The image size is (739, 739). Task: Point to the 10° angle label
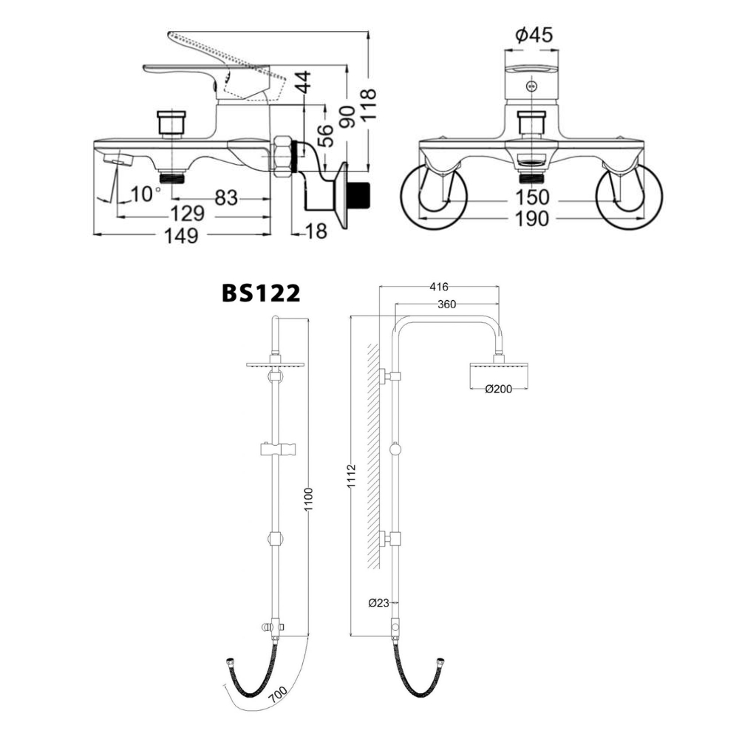pyautogui.click(x=146, y=194)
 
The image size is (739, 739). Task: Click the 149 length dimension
pyautogui.click(x=181, y=235)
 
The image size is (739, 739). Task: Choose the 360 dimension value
pyautogui.click(x=446, y=304)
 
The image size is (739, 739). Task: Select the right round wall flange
pyautogui.click(x=629, y=195)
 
